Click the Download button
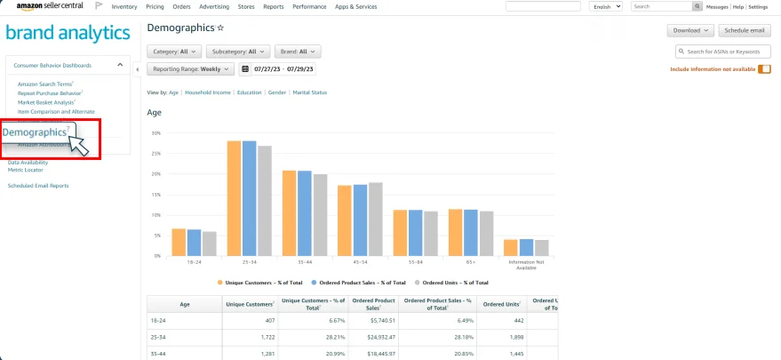(x=691, y=30)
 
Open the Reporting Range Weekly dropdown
(x=191, y=68)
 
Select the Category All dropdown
(x=174, y=52)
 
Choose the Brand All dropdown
(x=298, y=52)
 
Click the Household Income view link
(x=208, y=92)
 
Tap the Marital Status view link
(x=310, y=92)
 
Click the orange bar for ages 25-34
(x=234, y=198)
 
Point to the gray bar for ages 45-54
(x=376, y=219)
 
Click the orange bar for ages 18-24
(x=179, y=242)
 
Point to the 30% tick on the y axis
(x=155, y=133)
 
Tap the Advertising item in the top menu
(x=212, y=6)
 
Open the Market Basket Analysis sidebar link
(x=45, y=102)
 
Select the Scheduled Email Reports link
(x=38, y=186)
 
